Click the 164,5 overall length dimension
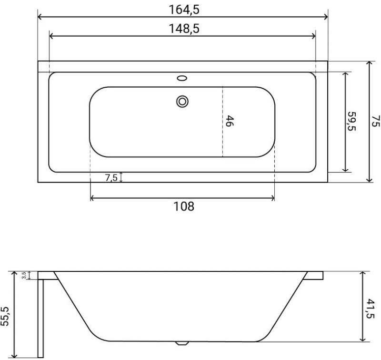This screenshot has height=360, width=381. (184, 10)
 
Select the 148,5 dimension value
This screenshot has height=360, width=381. (184, 29)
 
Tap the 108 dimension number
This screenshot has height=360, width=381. (184, 206)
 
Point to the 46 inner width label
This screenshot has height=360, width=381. (230, 121)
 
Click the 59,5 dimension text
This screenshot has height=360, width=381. (351, 121)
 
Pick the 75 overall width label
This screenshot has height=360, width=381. (376, 121)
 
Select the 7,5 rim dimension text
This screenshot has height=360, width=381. (111, 178)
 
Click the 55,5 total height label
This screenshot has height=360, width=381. (5, 316)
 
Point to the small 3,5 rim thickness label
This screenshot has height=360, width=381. (24, 276)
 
